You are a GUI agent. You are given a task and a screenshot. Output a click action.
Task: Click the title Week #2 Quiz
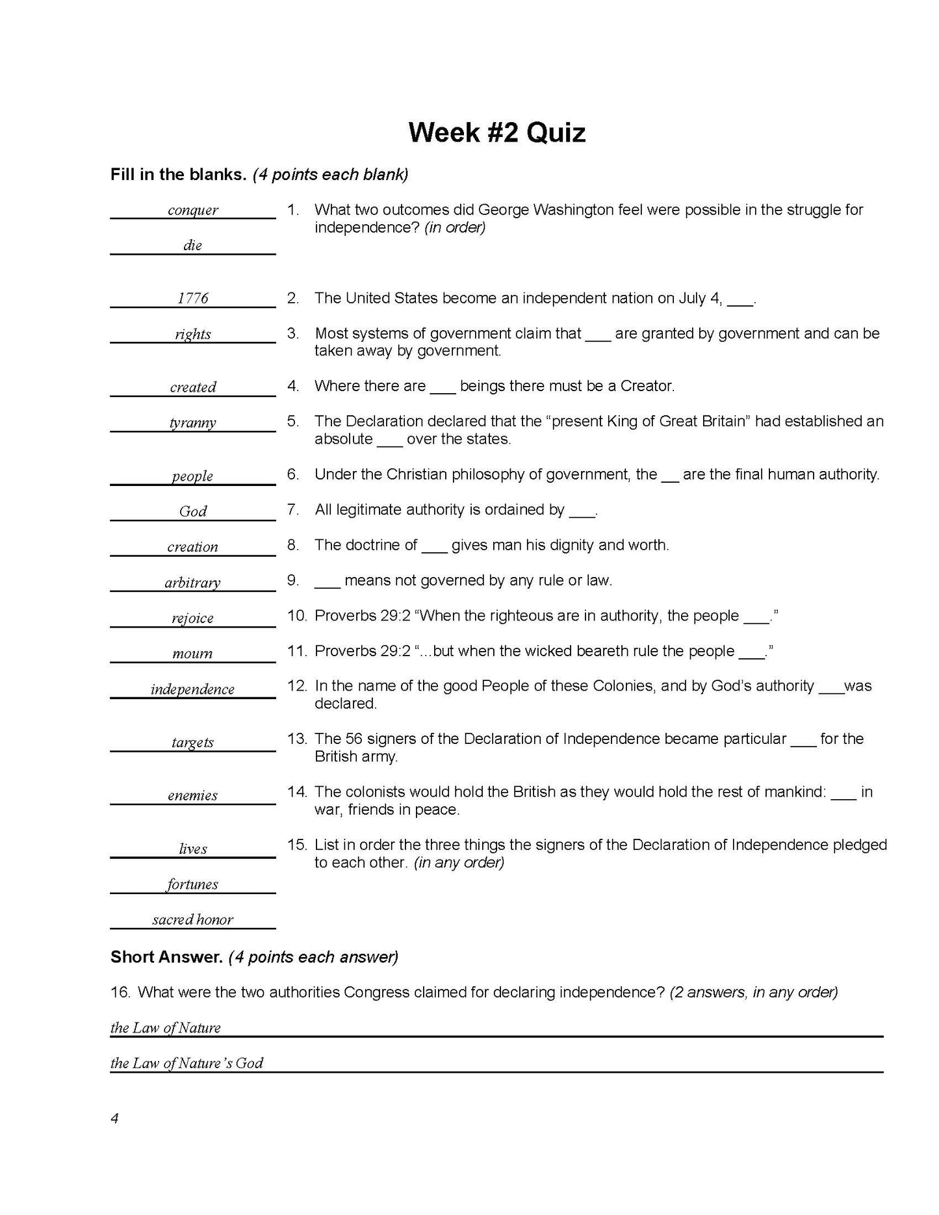click(x=496, y=133)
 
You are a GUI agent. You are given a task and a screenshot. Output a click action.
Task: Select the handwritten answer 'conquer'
click(x=193, y=210)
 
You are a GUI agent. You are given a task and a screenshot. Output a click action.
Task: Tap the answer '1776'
click(x=193, y=298)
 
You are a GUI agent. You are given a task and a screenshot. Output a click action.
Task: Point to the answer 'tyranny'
click(x=193, y=422)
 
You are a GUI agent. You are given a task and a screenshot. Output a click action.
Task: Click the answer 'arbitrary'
click(x=193, y=582)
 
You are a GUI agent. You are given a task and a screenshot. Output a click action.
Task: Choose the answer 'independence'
click(x=193, y=689)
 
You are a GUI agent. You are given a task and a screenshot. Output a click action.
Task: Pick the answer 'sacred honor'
click(x=193, y=919)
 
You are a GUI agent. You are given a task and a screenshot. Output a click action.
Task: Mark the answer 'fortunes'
click(x=193, y=884)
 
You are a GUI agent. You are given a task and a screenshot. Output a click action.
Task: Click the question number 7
click(x=293, y=510)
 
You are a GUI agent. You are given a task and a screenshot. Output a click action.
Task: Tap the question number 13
click(x=296, y=739)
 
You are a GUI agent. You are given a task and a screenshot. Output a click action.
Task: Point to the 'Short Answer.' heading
click(x=166, y=957)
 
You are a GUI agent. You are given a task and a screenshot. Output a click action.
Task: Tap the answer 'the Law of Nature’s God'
click(x=187, y=1063)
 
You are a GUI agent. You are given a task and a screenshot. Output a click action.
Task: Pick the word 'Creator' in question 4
click(x=645, y=387)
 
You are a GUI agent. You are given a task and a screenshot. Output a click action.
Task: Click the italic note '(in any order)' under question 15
click(x=459, y=862)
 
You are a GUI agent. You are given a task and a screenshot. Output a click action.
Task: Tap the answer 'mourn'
click(x=193, y=654)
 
